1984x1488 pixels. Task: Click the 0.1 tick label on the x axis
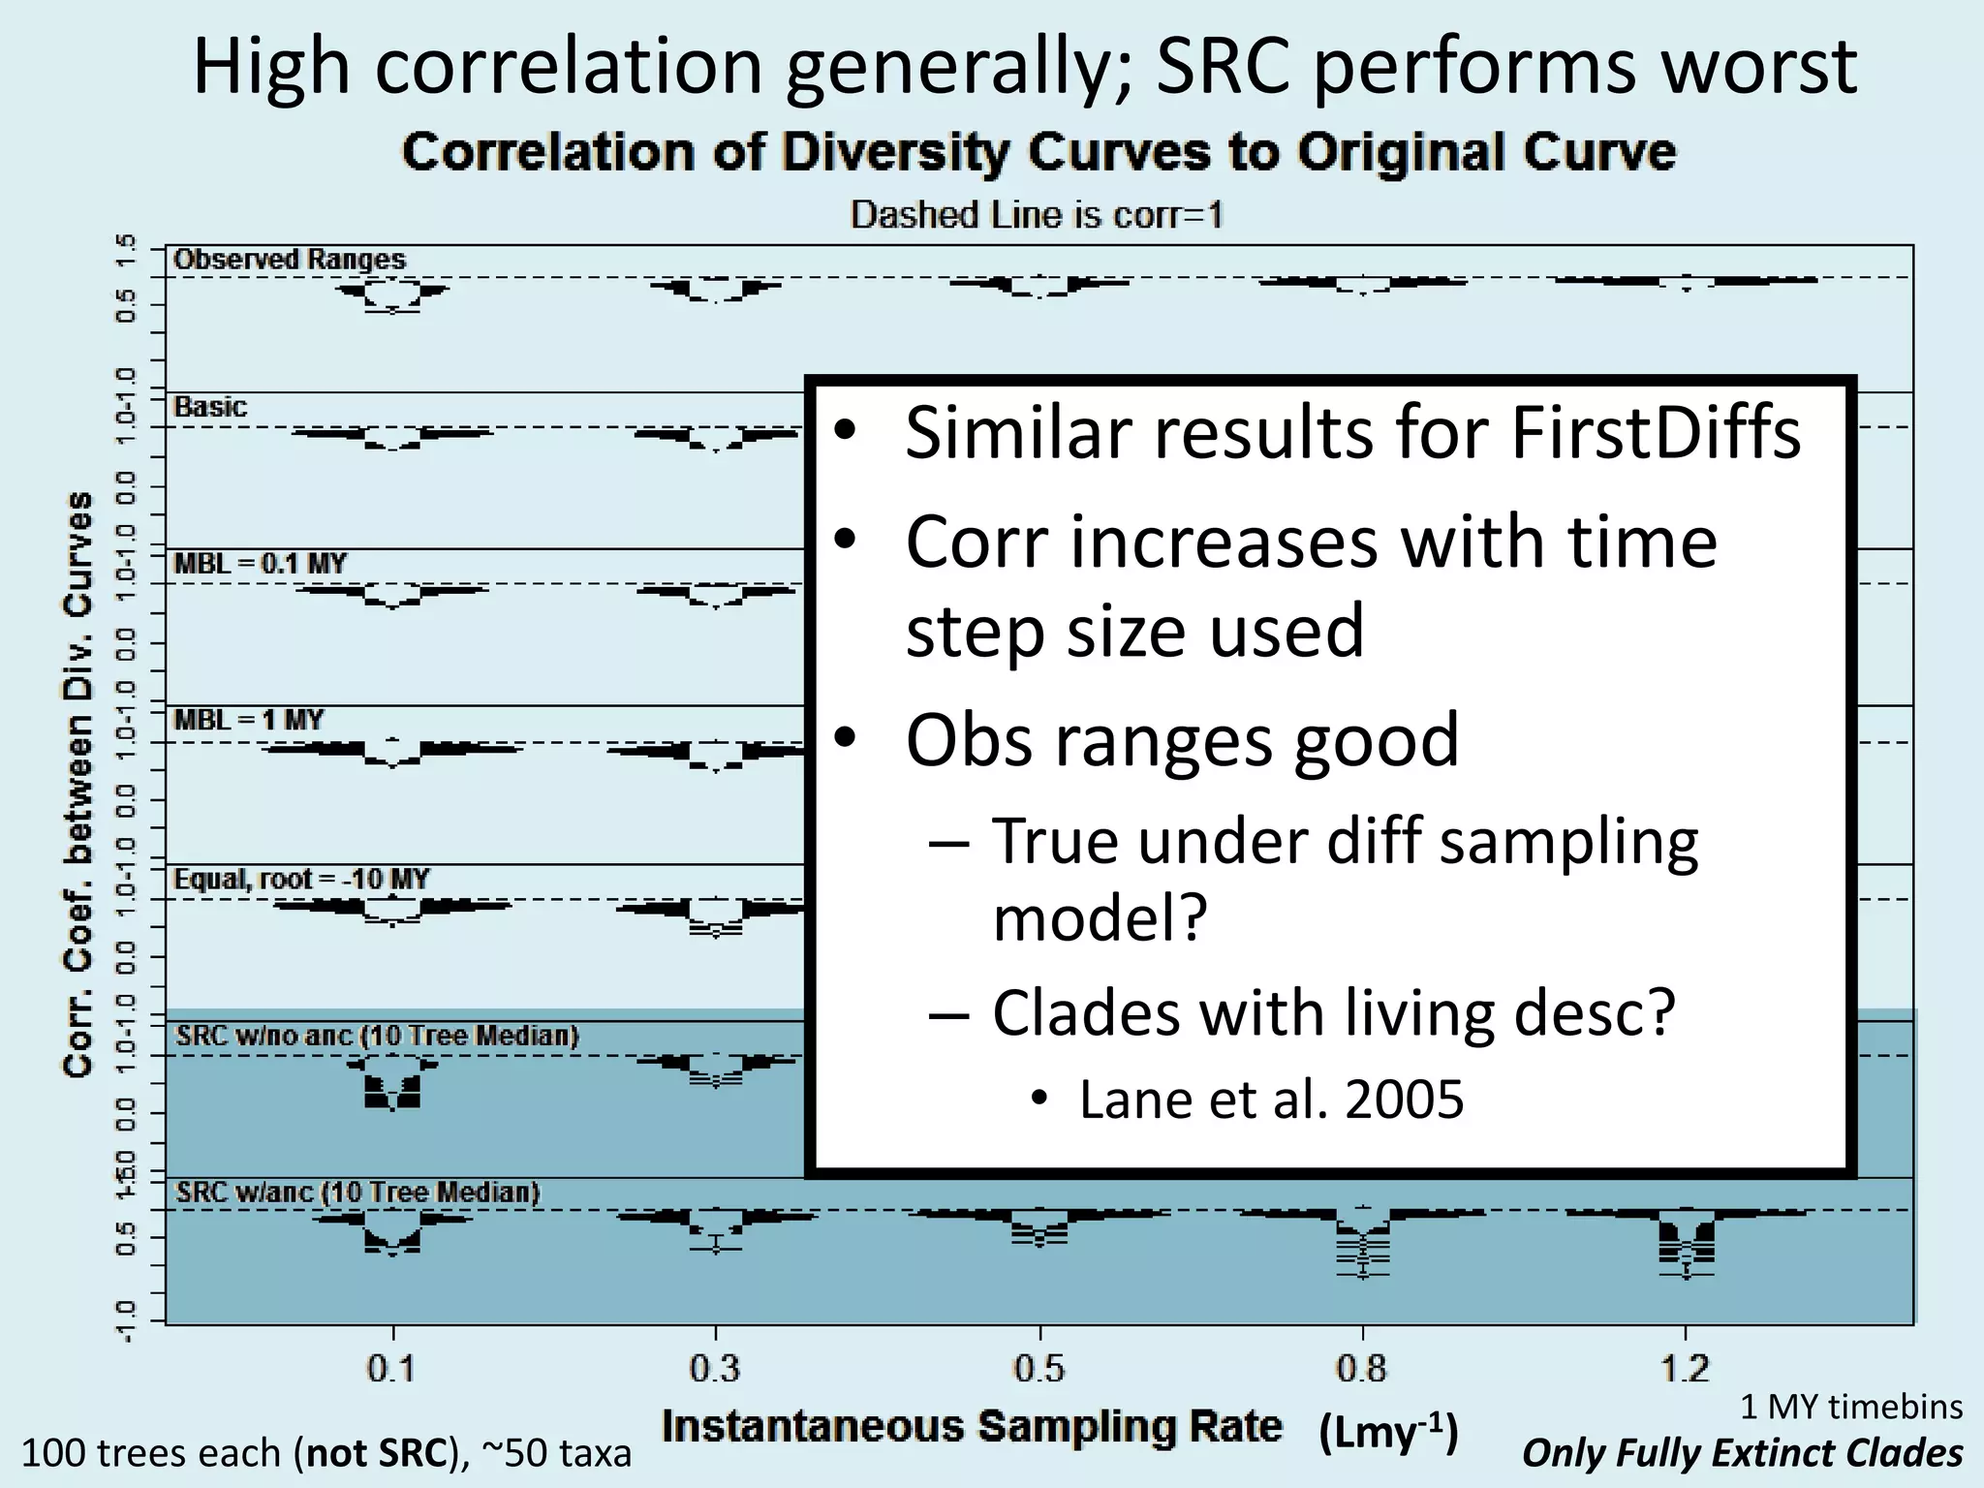[391, 1369]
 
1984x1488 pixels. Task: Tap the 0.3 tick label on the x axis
[715, 1369]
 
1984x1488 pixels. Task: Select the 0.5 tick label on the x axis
[1038, 1369]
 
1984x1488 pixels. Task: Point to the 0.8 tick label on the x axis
[1362, 1369]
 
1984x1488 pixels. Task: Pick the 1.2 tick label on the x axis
[1686, 1369]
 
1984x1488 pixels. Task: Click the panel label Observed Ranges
[289, 260]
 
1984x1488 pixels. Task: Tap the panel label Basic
[210, 407]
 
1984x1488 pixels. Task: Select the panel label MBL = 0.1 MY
[260, 564]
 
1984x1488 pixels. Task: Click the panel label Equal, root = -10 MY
[300, 880]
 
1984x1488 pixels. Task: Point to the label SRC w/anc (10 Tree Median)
[356, 1193]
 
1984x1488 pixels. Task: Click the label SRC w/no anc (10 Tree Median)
[377, 1036]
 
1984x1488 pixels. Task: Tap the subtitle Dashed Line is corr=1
[1037, 214]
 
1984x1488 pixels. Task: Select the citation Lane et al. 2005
[1271, 1100]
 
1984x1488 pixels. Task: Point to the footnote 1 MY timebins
[1850, 1406]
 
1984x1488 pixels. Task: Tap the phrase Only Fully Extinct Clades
[1742, 1453]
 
